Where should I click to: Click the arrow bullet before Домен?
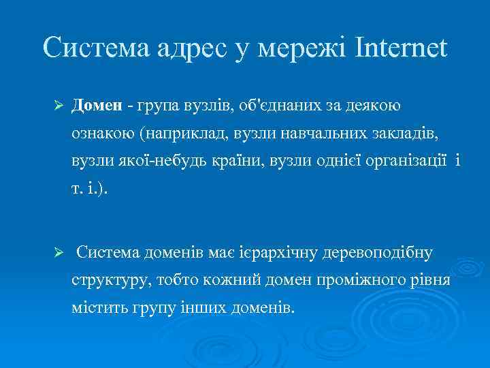tap(59, 106)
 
